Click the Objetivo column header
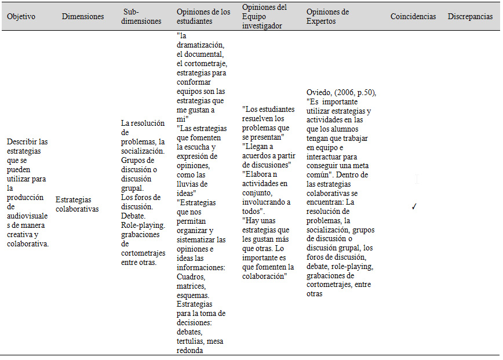pyautogui.click(x=21, y=17)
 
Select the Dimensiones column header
pyautogui.click(x=83, y=17)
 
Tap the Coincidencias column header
pyautogui.click(x=413, y=17)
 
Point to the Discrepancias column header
pyautogui.click(x=470, y=17)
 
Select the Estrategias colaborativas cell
pyautogui.click(x=77, y=204)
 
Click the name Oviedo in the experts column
pyautogui.click(x=319, y=93)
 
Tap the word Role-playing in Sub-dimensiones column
pyautogui.click(x=143, y=225)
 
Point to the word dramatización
pyautogui.click(x=201, y=45)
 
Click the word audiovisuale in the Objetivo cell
pyautogui.click(x=28, y=216)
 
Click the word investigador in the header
pyautogui.click(x=263, y=27)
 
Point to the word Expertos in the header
pyautogui.click(x=321, y=21)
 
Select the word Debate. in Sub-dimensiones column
pyautogui.click(x=133, y=216)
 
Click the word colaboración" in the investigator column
pyautogui.click(x=264, y=276)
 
